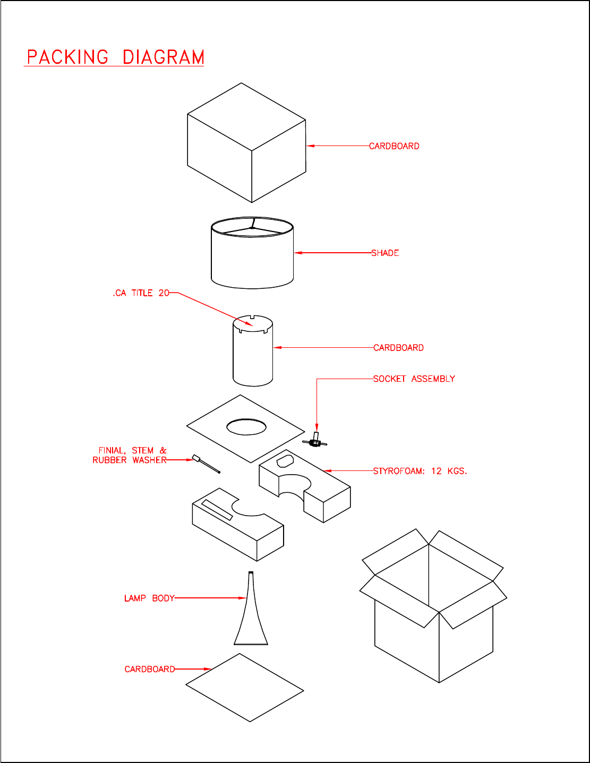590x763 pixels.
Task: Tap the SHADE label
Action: tap(385, 253)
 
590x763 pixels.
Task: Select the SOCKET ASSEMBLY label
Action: tap(414, 379)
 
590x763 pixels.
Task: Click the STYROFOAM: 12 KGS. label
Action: tap(420, 471)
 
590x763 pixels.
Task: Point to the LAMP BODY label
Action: tap(149, 598)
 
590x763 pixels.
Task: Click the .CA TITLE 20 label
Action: tap(141, 293)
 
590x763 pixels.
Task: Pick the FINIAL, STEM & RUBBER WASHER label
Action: tap(130, 455)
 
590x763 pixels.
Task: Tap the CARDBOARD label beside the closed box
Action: tap(394, 146)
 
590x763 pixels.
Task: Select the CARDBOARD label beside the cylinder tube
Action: tap(398, 348)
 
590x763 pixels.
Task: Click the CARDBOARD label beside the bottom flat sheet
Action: tap(150, 669)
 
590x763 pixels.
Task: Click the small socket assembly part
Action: tap(315, 441)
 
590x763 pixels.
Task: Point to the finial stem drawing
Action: tap(206, 464)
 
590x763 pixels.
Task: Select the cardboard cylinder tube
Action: tap(253, 351)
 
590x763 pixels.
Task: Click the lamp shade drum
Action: tap(252, 253)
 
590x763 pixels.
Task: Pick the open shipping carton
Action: tap(433, 606)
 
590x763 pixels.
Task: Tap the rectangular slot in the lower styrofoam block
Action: tap(217, 510)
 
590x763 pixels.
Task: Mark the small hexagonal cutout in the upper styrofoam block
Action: tap(285, 461)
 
